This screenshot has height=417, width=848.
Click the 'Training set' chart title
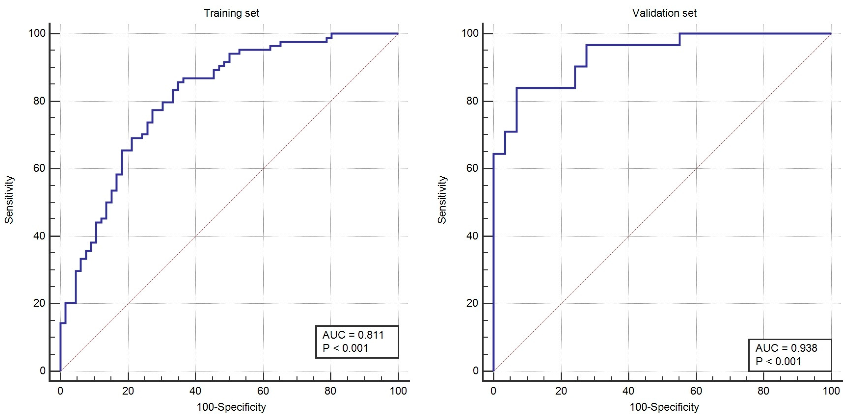pyautogui.click(x=231, y=13)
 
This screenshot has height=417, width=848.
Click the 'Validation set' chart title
pyautogui.click(x=664, y=13)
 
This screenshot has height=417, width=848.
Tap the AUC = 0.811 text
pyautogui.click(x=353, y=335)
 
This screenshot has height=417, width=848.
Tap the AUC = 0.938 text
pyautogui.click(x=786, y=348)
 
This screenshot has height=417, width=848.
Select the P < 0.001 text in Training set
pyautogui.click(x=345, y=348)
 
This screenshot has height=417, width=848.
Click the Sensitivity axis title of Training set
pyautogui.click(x=9, y=200)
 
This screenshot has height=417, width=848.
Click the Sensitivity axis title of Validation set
pyautogui.click(x=442, y=200)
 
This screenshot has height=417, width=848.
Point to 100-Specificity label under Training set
pyautogui.click(x=231, y=407)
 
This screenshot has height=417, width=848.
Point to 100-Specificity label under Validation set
pyautogui.click(x=664, y=407)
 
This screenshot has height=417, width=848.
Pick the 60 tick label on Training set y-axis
pyautogui.click(x=39, y=168)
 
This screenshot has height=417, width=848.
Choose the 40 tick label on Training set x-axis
pyautogui.click(x=196, y=391)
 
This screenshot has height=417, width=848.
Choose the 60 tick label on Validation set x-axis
pyautogui.click(x=696, y=391)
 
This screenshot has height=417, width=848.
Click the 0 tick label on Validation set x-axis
pyautogui.click(x=493, y=391)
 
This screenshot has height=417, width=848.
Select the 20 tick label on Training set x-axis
pyautogui.click(x=128, y=391)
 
